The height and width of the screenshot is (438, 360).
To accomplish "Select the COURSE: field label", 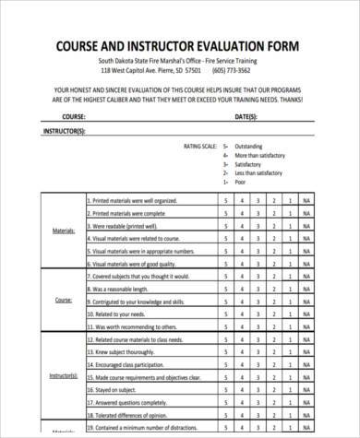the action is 74,118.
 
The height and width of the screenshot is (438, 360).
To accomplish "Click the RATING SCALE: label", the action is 202,147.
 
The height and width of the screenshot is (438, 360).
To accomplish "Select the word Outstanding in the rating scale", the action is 248,147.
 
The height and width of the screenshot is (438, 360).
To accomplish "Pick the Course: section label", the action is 64,301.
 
